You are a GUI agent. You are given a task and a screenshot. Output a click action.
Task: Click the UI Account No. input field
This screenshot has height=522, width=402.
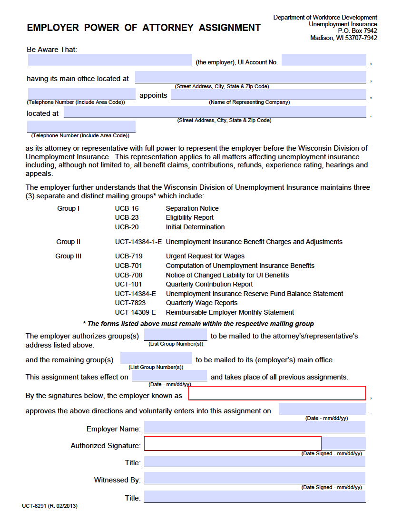pos(324,61)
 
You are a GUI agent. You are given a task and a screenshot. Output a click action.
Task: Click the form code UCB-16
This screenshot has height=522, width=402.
pos(127,208)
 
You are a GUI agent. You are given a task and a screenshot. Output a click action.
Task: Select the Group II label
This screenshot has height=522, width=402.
pos(68,242)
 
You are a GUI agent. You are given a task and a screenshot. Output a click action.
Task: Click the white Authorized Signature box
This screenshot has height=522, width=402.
pos(233,443)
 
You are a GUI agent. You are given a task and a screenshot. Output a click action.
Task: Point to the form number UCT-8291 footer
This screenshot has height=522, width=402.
pos(49,505)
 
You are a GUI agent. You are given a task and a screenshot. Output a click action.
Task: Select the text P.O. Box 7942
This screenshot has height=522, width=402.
pos(357,31)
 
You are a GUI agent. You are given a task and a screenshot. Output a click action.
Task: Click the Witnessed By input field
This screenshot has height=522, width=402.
pos(255,478)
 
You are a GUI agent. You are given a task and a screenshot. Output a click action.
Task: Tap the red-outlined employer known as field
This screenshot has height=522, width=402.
pos(277,393)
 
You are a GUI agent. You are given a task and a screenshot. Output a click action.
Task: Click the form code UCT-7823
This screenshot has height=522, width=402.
pos(130,303)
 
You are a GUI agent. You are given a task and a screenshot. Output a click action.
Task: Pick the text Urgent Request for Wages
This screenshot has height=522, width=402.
pos(205,256)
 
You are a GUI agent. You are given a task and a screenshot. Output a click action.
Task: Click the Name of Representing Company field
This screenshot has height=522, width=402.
pos(268,94)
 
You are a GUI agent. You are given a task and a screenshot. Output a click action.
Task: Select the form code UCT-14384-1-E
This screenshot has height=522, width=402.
pos(138,242)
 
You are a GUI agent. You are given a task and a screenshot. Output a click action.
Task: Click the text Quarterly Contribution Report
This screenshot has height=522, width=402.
pos(209,284)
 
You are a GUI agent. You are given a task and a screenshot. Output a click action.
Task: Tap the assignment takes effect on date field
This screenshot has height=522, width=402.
pos(170,376)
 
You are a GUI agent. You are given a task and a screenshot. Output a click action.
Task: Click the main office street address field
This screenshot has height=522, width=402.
pos(250,77)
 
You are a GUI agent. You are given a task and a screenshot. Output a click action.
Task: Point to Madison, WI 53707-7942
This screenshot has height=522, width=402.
pos(343,38)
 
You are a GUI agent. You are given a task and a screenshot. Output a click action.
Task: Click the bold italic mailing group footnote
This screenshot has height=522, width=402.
pos(201,324)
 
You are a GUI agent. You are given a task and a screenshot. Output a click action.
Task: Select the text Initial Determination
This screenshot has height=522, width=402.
pos(195,227)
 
